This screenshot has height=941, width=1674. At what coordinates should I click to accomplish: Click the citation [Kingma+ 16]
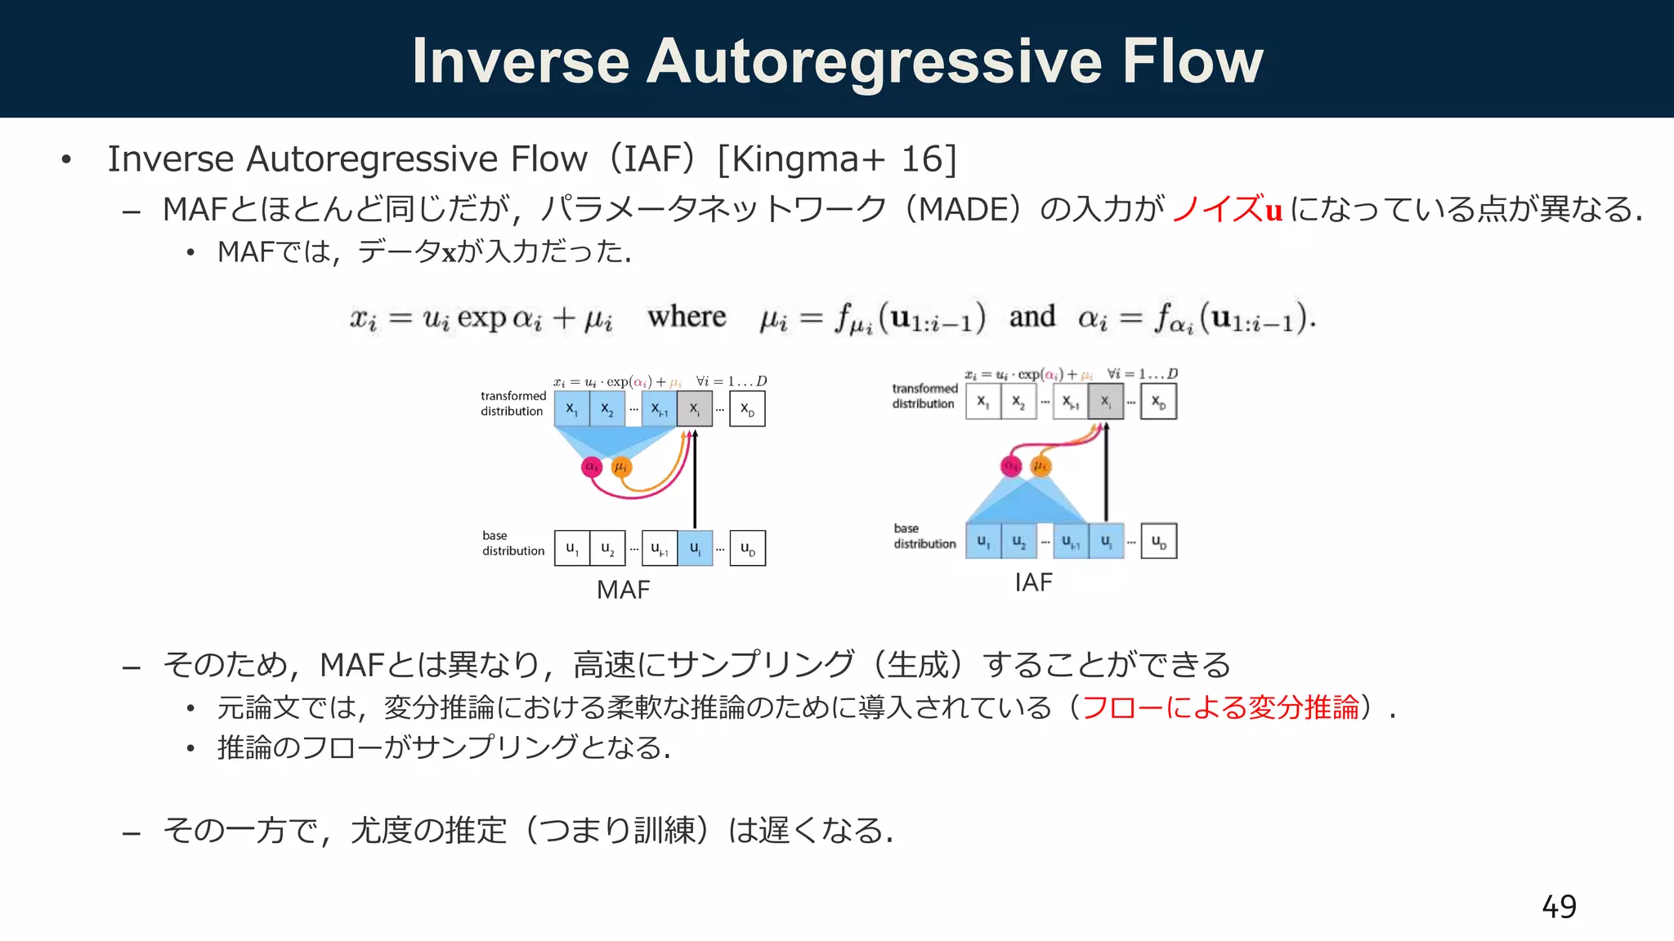click(x=836, y=159)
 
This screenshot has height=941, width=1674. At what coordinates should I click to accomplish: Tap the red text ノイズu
click(x=1227, y=210)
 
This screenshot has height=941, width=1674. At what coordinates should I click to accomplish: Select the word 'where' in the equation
click(x=687, y=317)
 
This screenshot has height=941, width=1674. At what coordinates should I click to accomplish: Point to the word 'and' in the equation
click(x=1032, y=317)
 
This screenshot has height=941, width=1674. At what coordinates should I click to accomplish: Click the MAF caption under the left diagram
click(x=623, y=590)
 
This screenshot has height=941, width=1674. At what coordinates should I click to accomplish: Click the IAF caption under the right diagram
click(x=1033, y=582)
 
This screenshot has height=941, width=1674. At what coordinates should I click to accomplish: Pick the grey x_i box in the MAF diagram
click(x=694, y=409)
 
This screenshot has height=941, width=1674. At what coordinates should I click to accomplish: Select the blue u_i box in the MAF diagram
click(x=695, y=548)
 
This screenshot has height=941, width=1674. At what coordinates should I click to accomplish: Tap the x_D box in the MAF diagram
click(x=747, y=409)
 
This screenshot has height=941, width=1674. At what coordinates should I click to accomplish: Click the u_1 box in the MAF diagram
click(x=572, y=548)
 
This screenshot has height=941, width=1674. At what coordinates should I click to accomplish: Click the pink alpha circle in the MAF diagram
click(x=592, y=467)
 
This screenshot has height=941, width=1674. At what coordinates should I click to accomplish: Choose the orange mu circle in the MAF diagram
click(x=621, y=467)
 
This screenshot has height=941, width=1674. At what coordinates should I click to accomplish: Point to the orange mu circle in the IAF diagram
click(x=1041, y=466)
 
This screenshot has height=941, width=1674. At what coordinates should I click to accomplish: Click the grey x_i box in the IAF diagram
click(x=1106, y=402)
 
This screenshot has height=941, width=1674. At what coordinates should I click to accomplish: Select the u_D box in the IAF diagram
click(x=1159, y=542)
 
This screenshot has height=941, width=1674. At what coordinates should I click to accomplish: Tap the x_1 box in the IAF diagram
click(x=983, y=402)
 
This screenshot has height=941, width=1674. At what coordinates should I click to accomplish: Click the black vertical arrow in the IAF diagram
click(x=1106, y=474)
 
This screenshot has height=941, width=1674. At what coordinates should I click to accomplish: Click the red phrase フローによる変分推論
click(x=1220, y=707)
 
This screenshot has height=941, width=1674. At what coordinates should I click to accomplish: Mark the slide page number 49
click(x=1559, y=907)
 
